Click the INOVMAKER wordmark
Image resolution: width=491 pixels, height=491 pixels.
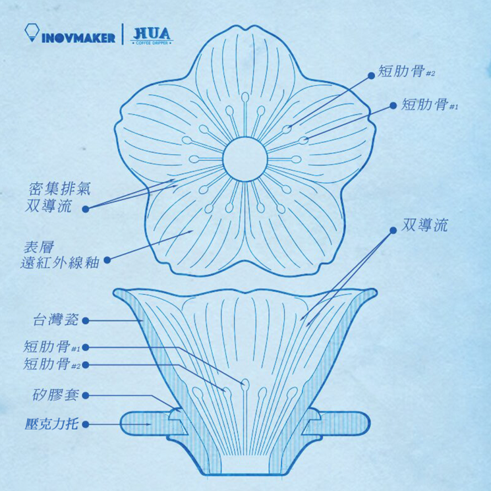[x=78, y=36]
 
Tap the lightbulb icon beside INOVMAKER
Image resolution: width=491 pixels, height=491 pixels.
[x=30, y=33]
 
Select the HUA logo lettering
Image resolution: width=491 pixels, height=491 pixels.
[x=151, y=33]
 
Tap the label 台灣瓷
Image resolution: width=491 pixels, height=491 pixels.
[x=55, y=321]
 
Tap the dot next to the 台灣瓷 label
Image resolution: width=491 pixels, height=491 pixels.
[x=86, y=322]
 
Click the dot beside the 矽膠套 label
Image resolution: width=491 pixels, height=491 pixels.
[x=86, y=396]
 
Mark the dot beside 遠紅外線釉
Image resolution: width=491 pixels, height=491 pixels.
[x=106, y=260]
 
